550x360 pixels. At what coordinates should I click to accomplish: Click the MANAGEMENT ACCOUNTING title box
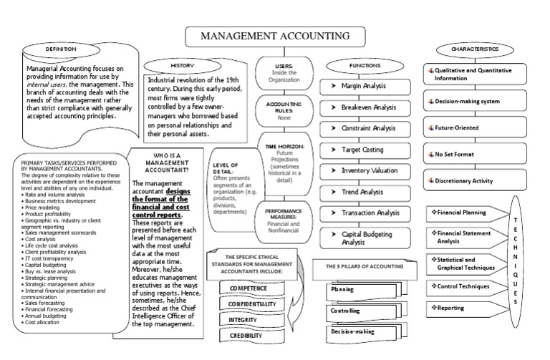click(x=274, y=36)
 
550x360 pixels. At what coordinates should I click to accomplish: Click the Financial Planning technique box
click(x=466, y=213)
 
